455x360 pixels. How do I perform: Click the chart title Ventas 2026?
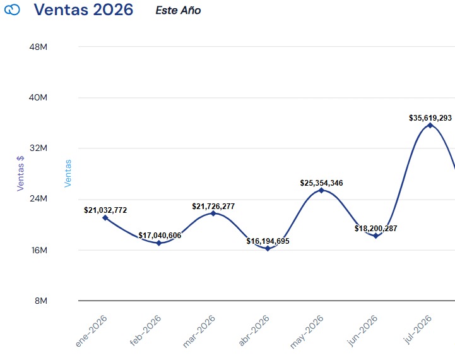(83, 9)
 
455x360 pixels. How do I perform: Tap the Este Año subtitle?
(178, 11)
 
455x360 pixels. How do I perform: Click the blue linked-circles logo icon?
(12, 10)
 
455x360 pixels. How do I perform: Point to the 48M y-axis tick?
(38, 47)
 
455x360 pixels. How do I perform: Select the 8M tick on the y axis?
(41, 301)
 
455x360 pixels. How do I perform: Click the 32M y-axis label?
(38, 148)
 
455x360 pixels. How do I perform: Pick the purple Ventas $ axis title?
(20, 173)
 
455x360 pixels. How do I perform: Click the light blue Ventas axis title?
(68, 173)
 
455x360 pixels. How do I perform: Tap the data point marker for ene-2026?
(105, 218)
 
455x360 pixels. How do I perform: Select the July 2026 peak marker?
(430, 125)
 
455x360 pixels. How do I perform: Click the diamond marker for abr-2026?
(268, 248)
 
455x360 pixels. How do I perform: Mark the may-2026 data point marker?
(321, 191)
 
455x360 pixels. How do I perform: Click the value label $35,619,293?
(430, 118)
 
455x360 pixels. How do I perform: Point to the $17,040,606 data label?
(160, 236)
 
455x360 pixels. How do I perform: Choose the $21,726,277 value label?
(213, 207)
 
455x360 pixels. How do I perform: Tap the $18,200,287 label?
(375, 229)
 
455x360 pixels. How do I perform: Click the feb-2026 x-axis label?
(145, 330)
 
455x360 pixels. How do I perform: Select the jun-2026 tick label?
(362, 330)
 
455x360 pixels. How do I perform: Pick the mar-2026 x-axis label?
(199, 331)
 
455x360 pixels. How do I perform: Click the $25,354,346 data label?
(321, 183)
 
